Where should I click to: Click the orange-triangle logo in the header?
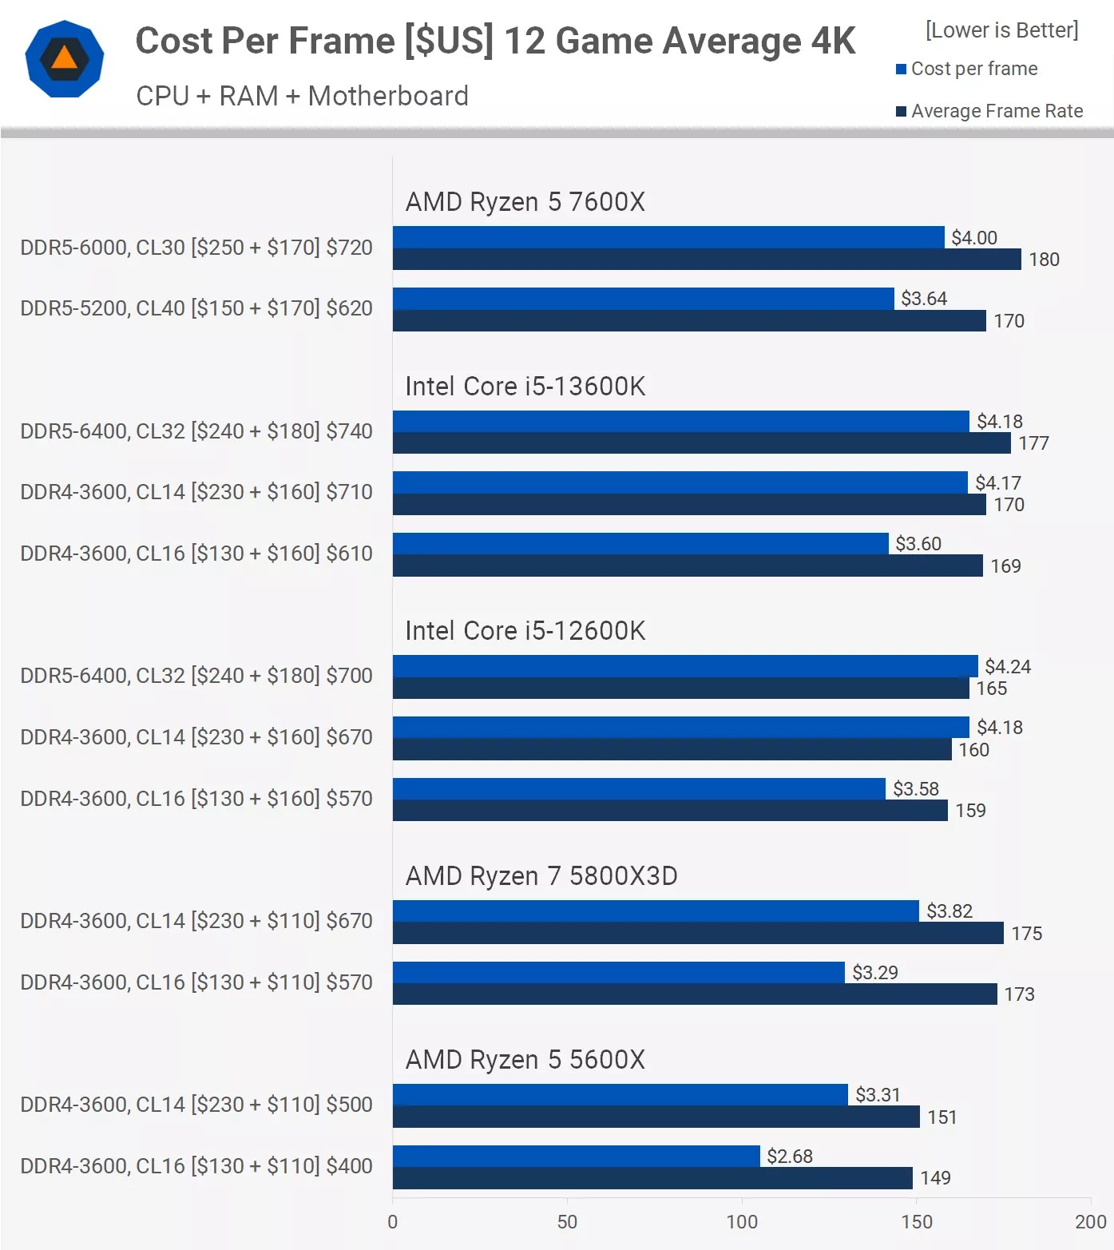[x=65, y=60]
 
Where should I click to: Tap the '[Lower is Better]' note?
[x=1001, y=30]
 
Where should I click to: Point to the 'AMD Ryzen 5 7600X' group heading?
[x=525, y=202]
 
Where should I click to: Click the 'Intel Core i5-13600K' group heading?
[x=525, y=387]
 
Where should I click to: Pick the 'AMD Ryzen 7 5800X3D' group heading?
[x=541, y=876]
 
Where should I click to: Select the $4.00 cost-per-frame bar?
[x=668, y=237]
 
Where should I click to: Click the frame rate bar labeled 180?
[x=706, y=260]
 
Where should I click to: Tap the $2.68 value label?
[x=789, y=1157]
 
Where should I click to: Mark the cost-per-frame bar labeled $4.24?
[x=684, y=666]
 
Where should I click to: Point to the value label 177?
[x=1033, y=443]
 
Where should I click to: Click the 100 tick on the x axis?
[x=741, y=1222]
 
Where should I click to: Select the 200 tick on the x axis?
[x=1090, y=1222]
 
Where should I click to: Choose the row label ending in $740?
[x=196, y=431]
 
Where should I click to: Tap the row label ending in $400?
[x=196, y=1166]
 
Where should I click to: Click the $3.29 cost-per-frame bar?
[x=618, y=972]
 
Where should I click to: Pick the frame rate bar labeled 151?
[x=656, y=1117]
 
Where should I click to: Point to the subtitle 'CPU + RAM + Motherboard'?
[x=302, y=96]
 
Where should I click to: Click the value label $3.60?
[x=918, y=544]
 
